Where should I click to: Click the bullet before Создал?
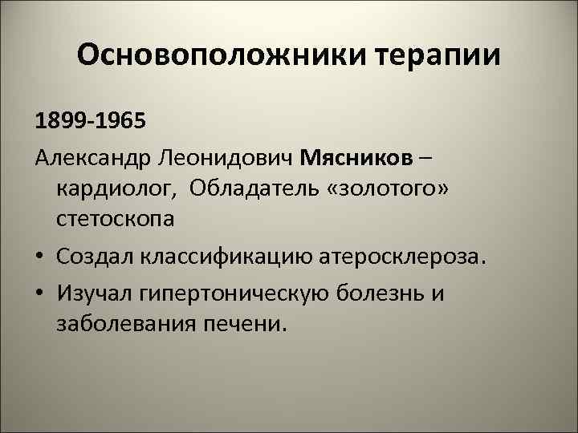pyautogui.click(x=39, y=257)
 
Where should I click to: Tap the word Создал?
pyautogui.click(x=97, y=257)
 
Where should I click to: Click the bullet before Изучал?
pyautogui.click(x=39, y=294)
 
